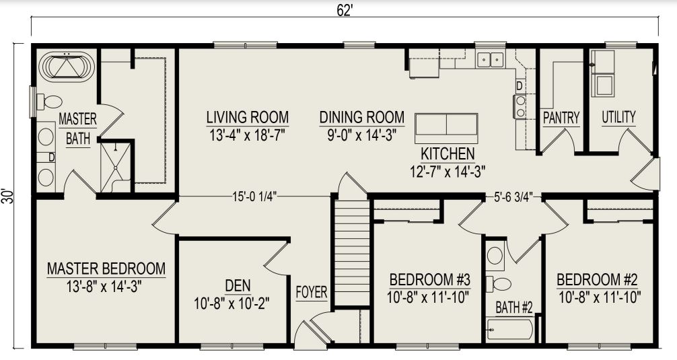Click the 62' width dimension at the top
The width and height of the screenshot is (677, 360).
click(343, 10)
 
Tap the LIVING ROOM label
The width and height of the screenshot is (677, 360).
click(247, 117)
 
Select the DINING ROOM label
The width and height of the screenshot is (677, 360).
click(361, 117)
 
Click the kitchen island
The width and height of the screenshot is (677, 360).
click(446, 126)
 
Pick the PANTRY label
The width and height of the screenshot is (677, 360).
click(561, 118)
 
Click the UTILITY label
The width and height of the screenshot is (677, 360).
click(618, 117)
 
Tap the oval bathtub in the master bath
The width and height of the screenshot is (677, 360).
click(67, 67)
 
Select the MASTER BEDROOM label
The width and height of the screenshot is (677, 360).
click(106, 269)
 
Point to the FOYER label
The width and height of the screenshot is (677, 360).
click(312, 293)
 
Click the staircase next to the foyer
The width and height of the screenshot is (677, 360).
click(353, 252)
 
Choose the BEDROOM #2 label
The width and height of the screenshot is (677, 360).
click(598, 279)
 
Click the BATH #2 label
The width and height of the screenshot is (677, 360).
click(514, 308)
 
